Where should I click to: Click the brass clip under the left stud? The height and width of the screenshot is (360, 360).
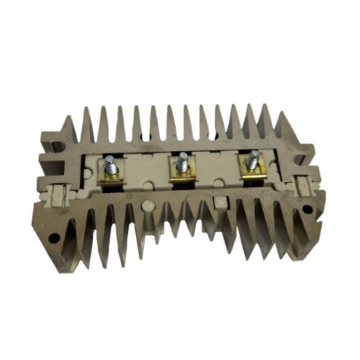pyautogui.click(x=112, y=176)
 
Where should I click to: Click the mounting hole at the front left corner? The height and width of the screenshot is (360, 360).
pyautogui.click(x=52, y=235)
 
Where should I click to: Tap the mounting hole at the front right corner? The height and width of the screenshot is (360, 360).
pyautogui.click(x=307, y=210)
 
